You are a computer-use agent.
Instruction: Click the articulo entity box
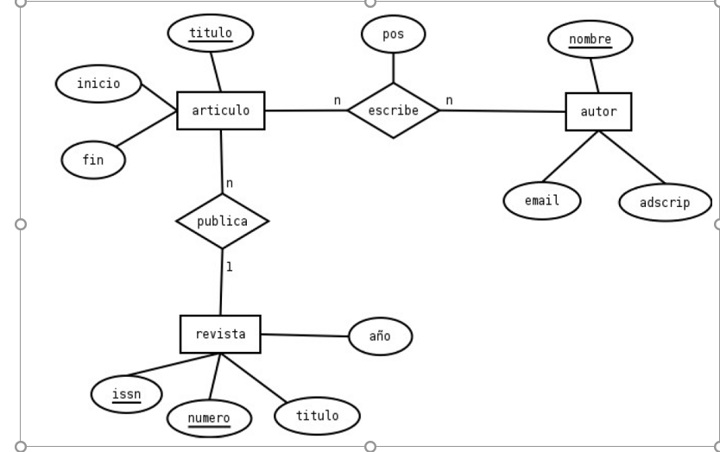pyautogui.click(x=220, y=110)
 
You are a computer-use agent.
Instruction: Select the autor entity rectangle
pyautogui.click(x=598, y=112)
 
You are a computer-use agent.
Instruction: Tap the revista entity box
pyautogui.click(x=220, y=335)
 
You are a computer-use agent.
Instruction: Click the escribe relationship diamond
pyautogui.click(x=393, y=110)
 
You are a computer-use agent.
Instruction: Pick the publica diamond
pyautogui.click(x=222, y=222)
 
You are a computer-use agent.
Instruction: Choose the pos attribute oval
pyautogui.click(x=393, y=35)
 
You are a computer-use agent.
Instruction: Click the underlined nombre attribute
pyautogui.click(x=590, y=40)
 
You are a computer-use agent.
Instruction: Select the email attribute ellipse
pyautogui.click(x=542, y=201)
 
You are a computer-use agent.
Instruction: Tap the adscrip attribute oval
pyautogui.click(x=665, y=204)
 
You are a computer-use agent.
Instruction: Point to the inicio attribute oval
pyautogui.click(x=98, y=84)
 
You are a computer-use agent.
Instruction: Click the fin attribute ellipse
pyautogui.click(x=93, y=160)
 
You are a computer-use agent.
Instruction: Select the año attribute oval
pyautogui.click(x=380, y=336)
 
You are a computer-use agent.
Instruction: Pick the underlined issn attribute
pyautogui.click(x=126, y=395)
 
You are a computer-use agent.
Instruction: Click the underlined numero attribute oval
pyautogui.click(x=209, y=419)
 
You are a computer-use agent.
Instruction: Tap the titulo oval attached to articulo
pyautogui.click(x=211, y=34)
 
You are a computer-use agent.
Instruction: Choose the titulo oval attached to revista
pyautogui.click(x=317, y=416)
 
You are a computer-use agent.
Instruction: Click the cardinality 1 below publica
pyautogui.click(x=230, y=267)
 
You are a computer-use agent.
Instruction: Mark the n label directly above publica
pyautogui.click(x=230, y=183)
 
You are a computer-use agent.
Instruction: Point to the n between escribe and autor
pyautogui.click(x=449, y=101)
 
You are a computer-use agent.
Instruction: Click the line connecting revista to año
pyautogui.click(x=304, y=336)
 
